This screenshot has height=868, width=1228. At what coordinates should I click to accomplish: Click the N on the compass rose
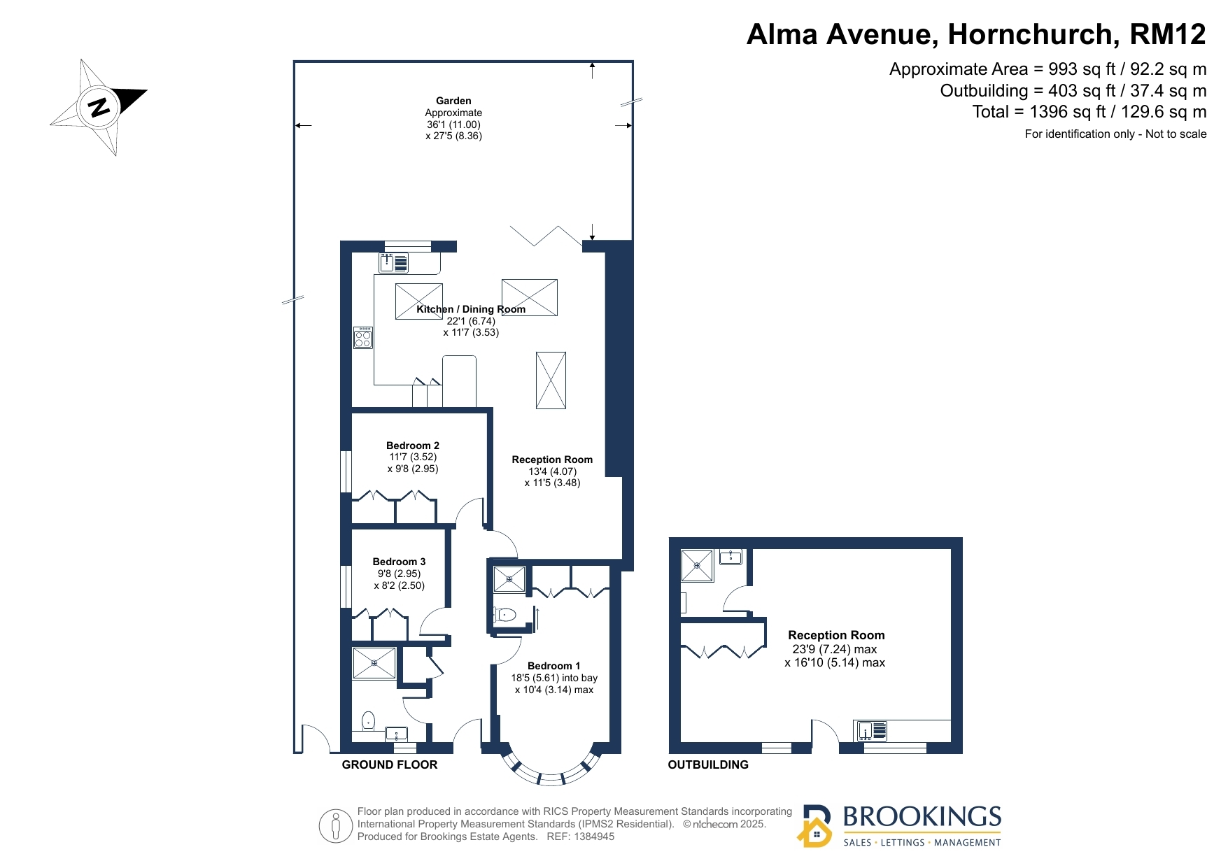pyautogui.click(x=99, y=108)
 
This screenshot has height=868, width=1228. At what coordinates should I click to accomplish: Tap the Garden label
pyautogui.click(x=453, y=101)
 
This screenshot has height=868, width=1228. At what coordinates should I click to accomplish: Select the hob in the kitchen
pyautogui.click(x=362, y=338)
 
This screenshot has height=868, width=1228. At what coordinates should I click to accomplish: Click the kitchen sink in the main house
pyautogui.click(x=394, y=263)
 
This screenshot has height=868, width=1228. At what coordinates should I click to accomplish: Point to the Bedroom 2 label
pyautogui.click(x=413, y=446)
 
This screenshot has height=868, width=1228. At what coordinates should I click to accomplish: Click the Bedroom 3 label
pyautogui.click(x=399, y=562)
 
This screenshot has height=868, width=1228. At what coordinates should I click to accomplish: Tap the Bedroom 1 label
pyautogui.click(x=554, y=666)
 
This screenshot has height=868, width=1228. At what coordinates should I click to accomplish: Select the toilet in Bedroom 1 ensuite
pyautogui.click(x=504, y=615)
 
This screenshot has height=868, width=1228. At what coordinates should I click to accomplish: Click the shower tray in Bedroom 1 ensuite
pyautogui.click(x=509, y=579)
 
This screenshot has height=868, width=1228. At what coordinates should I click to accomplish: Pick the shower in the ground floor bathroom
pyautogui.click(x=374, y=663)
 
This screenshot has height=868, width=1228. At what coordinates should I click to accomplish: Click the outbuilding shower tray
pyautogui.click(x=697, y=566)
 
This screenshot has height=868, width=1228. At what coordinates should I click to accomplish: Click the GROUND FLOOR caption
pyautogui.click(x=390, y=765)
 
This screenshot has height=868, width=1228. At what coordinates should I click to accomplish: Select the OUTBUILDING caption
pyautogui.click(x=708, y=765)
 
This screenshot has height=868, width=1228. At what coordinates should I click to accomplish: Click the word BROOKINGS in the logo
pyautogui.click(x=922, y=817)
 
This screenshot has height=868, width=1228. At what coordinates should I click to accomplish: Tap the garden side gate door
pyautogui.click(x=315, y=739)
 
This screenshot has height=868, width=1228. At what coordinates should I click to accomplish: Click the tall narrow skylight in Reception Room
pyautogui.click(x=551, y=380)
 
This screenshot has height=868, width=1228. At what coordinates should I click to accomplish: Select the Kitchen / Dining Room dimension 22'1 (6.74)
pyautogui.click(x=471, y=321)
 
